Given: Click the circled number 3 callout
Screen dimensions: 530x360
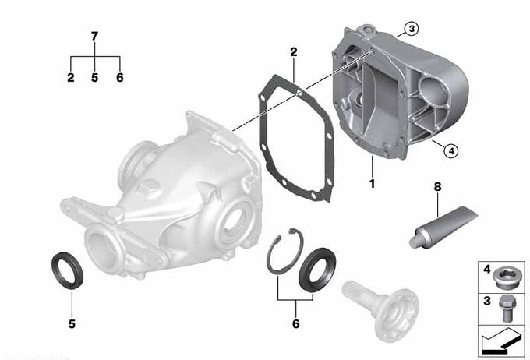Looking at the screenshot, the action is coord(412,29).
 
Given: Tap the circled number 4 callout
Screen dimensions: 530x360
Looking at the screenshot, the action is coord(451,151).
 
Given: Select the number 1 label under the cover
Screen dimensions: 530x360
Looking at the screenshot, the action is coord(372,184).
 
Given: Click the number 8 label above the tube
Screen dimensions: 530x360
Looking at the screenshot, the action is coord(438,186).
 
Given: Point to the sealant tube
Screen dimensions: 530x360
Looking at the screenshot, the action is coord(443,227).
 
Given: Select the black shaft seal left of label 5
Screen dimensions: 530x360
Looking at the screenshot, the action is coord(67,270).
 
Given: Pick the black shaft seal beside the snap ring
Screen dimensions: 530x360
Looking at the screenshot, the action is coord(317,270).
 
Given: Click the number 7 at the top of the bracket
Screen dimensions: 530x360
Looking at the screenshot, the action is coord(94,36).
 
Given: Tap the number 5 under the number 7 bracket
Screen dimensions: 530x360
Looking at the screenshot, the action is coord(94,77).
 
